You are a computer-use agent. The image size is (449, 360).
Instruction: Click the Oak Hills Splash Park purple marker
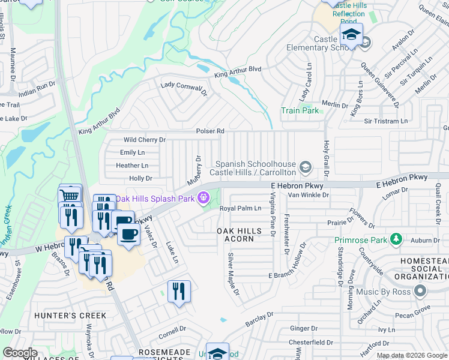(x=204, y=197)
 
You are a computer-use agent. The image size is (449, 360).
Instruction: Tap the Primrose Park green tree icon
(x=396, y=240)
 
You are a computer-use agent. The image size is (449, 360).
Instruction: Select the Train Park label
(x=300, y=111)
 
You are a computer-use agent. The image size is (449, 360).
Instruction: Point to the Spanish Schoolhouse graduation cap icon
(x=306, y=166)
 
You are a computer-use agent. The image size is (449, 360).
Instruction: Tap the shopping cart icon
(x=70, y=196)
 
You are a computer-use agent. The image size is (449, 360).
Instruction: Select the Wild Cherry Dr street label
(x=144, y=140)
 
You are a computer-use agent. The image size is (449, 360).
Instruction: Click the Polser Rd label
(x=210, y=131)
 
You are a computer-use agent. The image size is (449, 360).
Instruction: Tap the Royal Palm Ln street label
(x=240, y=209)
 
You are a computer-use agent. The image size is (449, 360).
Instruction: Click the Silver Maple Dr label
(x=233, y=275)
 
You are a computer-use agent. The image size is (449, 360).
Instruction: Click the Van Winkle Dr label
(x=309, y=195)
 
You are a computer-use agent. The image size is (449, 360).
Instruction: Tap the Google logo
(x=20, y=353)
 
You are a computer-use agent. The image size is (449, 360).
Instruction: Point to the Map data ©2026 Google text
(x=411, y=355)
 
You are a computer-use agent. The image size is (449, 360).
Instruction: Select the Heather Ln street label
(x=132, y=166)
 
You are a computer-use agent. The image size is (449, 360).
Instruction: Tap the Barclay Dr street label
(x=259, y=319)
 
